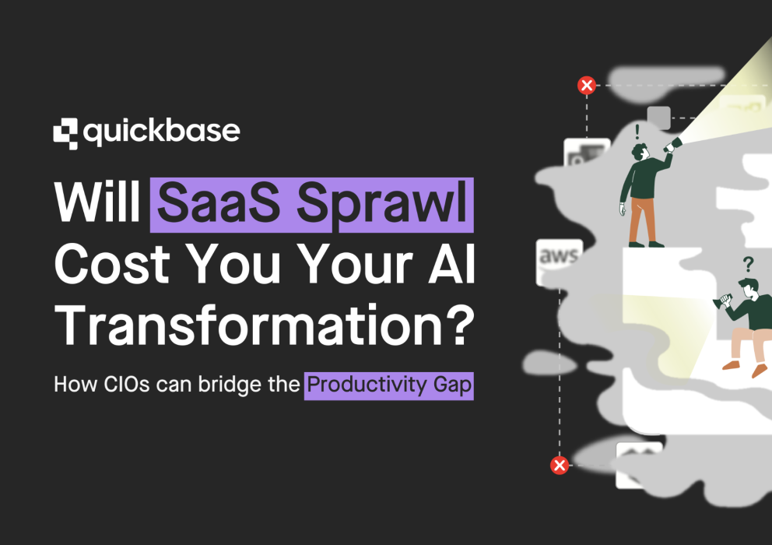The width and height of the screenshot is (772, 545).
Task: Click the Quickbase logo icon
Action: pos(65,132)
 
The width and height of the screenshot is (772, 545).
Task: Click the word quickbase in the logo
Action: pos(161,132)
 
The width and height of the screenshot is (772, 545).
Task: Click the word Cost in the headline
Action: pos(112,266)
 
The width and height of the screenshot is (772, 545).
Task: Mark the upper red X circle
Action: pos(587,86)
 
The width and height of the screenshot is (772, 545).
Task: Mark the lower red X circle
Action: pos(559,466)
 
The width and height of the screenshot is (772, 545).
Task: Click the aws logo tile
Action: pos(558,258)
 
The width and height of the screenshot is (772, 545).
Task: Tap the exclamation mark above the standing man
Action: pos(637,131)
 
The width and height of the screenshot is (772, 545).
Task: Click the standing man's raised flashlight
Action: pos(672,144)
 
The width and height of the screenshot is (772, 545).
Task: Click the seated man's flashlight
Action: pos(723,300)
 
